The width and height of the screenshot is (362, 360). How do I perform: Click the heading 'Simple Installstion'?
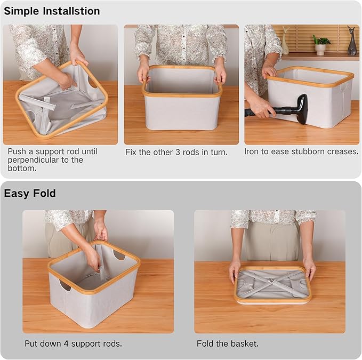coord(52,11)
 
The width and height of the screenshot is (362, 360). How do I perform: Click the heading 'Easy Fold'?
coord(30,193)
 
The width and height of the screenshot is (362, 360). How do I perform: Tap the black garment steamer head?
coord(299,107)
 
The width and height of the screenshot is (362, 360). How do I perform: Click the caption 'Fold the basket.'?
coord(228,343)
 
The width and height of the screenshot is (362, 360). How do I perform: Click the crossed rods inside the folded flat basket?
coord(272,282)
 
